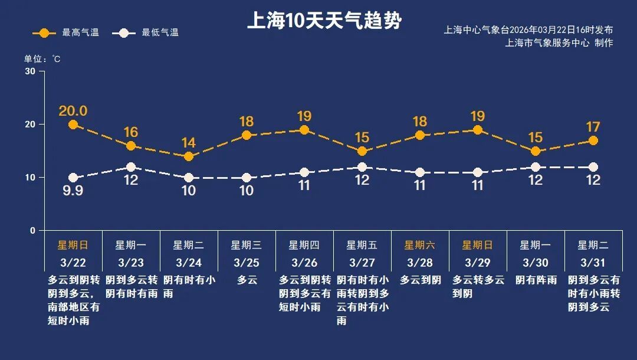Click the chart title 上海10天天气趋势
[324, 21]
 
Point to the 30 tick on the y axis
[30, 71]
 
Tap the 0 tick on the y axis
[33, 231]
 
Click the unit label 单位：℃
[42, 59]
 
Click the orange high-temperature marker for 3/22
[73, 125]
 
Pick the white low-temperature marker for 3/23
[131, 167]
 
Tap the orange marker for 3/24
[189, 156]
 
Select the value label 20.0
[73, 111]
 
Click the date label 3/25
[246, 262]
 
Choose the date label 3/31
[593, 262]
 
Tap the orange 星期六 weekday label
[419, 245]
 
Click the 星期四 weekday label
[304, 245]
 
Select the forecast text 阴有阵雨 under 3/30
[536, 280]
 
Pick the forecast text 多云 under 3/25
[247, 280]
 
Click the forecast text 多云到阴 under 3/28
[420, 280]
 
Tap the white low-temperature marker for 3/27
[362, 167]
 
